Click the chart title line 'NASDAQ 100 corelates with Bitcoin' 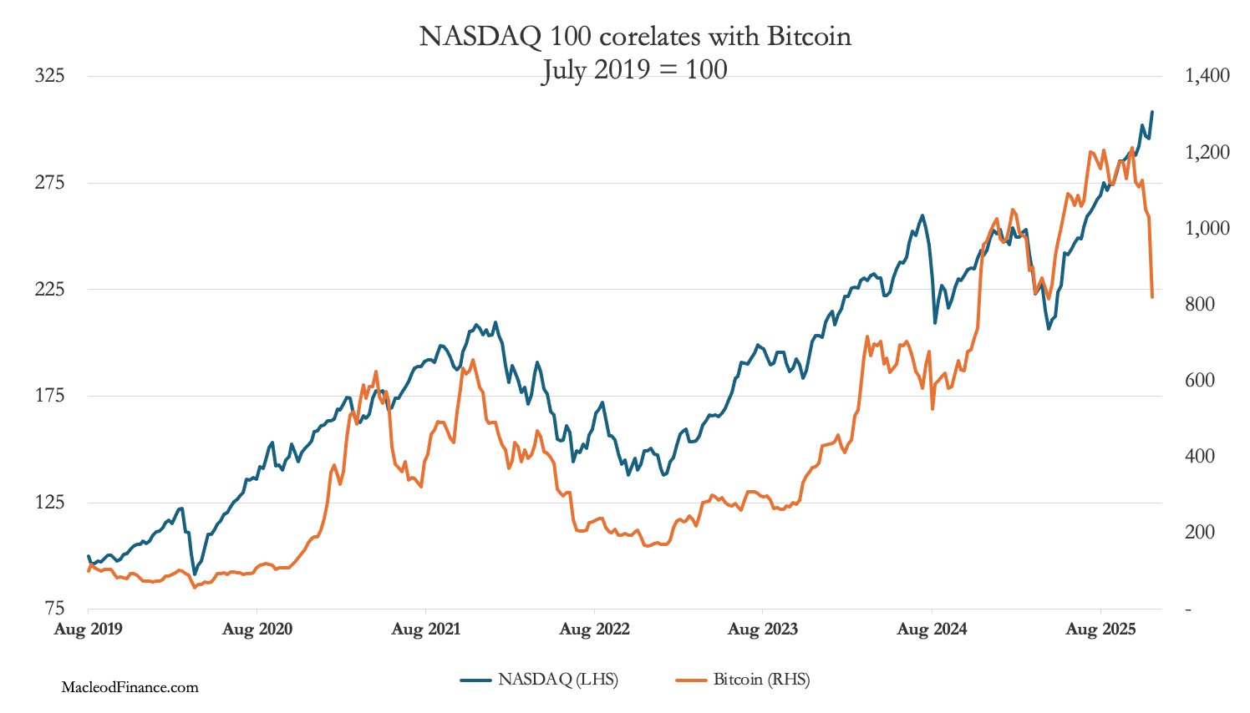coord(635,37)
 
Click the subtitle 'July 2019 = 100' coord(635,68)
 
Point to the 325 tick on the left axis coord(49,76)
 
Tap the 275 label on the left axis coord(49,183)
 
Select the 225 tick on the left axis coord(49,289)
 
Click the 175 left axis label coord(49,396)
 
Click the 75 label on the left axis coord(53,609)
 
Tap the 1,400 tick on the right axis coord(1207,76)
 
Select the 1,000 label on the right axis coord(1207,228)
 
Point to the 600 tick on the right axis coord(1200,380)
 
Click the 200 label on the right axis coord(1200,532)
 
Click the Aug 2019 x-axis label coord(88,630)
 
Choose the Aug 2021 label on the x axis coord(425,630)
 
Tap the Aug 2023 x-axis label coord(762,630)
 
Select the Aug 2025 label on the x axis coord(1100,630)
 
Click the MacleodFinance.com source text coord(130,687)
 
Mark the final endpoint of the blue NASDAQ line coord(1152,112)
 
